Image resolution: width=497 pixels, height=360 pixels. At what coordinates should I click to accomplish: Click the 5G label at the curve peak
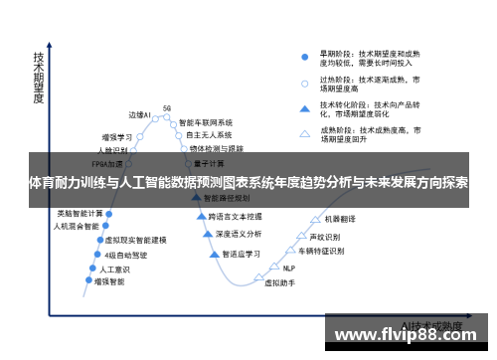167,107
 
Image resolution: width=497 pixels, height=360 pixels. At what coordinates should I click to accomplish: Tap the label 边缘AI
140,115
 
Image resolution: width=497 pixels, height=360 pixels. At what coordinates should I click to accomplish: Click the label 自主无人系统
209,134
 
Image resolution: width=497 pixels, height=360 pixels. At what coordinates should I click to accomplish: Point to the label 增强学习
117,137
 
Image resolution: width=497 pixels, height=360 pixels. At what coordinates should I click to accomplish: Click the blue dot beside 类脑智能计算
108,214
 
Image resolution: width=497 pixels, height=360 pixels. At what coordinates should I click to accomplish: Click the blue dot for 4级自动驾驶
98,255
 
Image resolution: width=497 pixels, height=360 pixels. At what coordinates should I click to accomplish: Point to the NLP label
289,268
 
